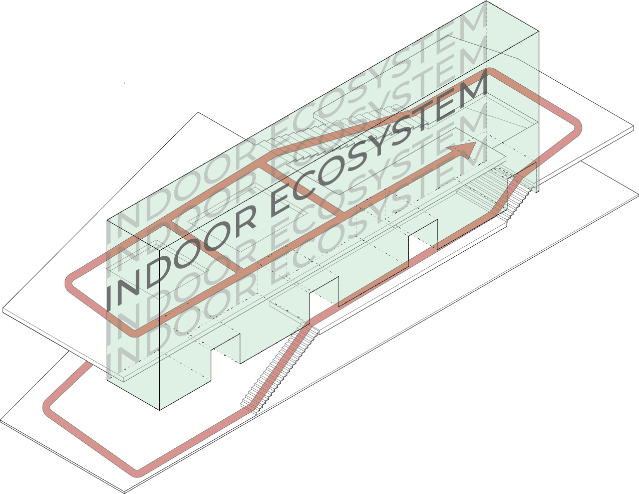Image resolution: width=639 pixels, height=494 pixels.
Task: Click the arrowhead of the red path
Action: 466,149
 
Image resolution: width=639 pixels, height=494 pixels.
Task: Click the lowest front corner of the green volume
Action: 160,409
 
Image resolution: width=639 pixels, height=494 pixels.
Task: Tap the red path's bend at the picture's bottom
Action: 136,473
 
